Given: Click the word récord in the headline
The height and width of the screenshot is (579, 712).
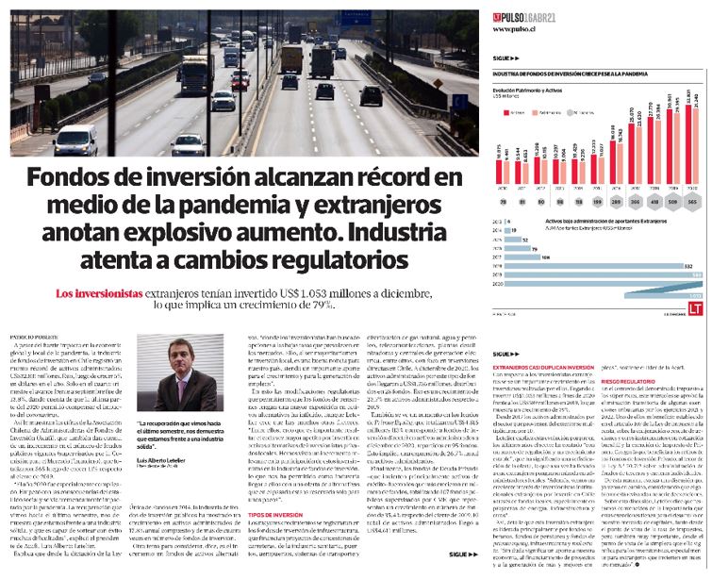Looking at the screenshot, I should (381, 177).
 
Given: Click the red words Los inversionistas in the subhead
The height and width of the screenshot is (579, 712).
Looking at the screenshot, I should (103, 293).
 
